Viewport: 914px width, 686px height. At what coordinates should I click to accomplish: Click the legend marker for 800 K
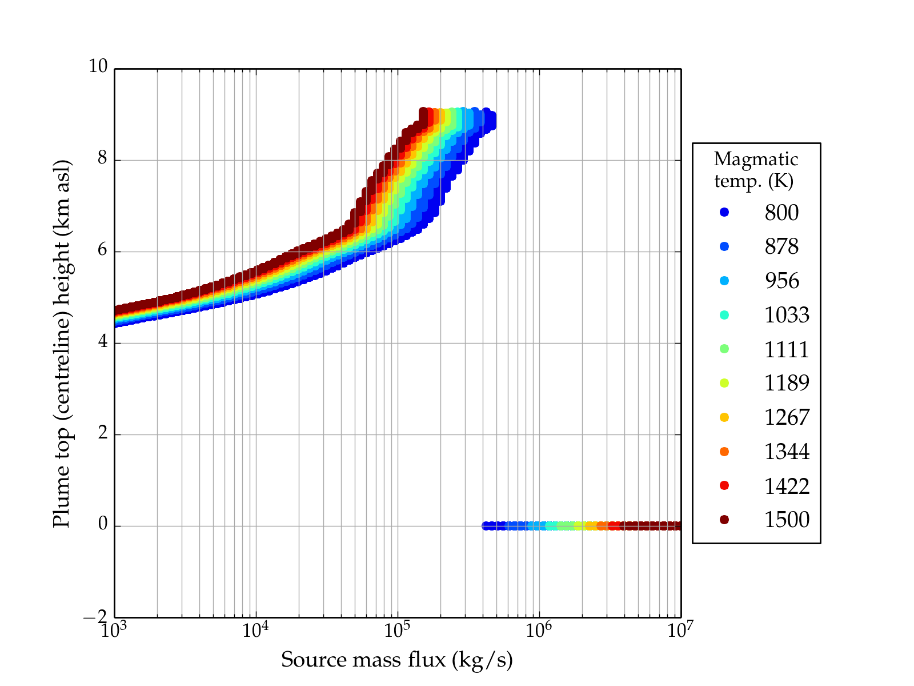(x=724, y=212)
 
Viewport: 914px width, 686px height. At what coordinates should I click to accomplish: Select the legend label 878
(x=781, y=246)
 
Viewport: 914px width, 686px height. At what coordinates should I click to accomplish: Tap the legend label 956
(x=781, y=281)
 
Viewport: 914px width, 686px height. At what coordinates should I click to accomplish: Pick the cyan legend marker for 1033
(x=724, y=315)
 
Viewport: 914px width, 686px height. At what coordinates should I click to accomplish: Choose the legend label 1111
(x=787, y=349)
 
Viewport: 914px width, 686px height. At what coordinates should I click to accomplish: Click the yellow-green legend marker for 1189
(x=724, y=383)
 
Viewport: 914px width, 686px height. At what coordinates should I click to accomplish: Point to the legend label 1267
(x=787, y=417)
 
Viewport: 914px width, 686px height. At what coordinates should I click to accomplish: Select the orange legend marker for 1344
(x=724, y=452)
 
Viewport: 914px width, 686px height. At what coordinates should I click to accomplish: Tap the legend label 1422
(x=787, y=486)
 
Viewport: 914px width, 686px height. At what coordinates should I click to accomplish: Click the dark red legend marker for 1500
(x=724, y=520)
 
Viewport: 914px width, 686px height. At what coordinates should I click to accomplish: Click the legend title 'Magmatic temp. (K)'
(x=756, y=170)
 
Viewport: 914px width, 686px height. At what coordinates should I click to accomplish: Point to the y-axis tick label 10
(x=98, y=67)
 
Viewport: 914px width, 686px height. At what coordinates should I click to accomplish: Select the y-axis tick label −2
(x=95, y=617)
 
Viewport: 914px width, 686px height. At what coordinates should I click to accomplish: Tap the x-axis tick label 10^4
(x=255, y=630)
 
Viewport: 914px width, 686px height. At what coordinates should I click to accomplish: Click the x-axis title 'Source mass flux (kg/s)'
(x=397, y=660)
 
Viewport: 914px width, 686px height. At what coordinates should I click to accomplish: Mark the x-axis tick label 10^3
(x=114, y=630)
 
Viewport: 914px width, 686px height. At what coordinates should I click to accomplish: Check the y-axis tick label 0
(x=102, y=524)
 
